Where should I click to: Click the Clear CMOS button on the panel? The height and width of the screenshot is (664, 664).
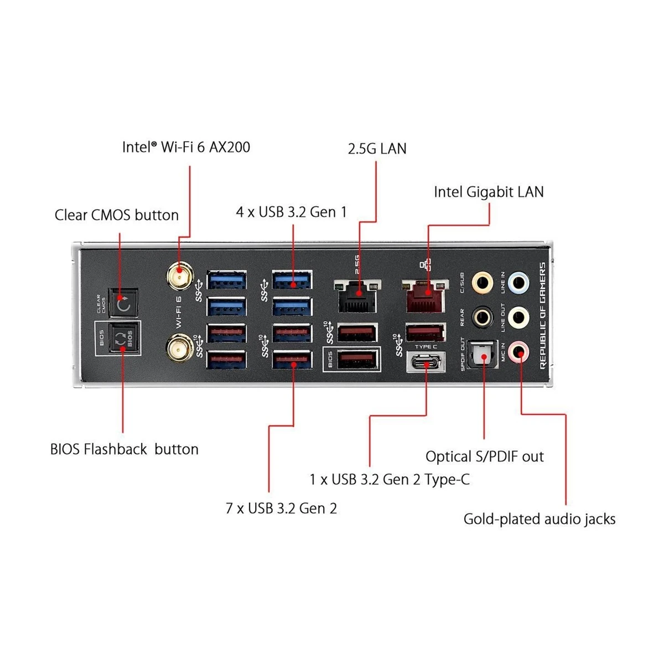(x=123, y=303)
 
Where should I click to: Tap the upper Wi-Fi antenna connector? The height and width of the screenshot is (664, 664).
(x=180, y=276)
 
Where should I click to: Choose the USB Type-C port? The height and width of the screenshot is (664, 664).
(x=426, y=363)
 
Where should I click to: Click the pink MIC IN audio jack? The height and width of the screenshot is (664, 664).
(x=518, y=351)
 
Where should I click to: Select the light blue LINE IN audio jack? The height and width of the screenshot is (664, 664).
(x=518, y=283)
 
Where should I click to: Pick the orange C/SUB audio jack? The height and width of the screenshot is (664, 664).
(x=483, y=283)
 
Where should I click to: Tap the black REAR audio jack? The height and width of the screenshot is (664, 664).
(x=483, y=318)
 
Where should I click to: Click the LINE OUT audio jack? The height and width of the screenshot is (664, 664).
(x=518, y=318)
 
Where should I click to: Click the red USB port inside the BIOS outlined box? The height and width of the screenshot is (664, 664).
(x=358, y=360)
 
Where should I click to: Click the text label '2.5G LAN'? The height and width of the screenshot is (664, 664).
(x=377, y=149)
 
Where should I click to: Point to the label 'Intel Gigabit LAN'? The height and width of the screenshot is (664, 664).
(x=489, y=192)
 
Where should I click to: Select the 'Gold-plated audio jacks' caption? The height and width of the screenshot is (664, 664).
(x=539, y=519)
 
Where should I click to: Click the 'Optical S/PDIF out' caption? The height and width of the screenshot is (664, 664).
(x=484, y=456)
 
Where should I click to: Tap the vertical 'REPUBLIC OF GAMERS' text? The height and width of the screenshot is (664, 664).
(x=542, y=315)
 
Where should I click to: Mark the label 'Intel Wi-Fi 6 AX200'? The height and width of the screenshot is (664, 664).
(x=186, y=147)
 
